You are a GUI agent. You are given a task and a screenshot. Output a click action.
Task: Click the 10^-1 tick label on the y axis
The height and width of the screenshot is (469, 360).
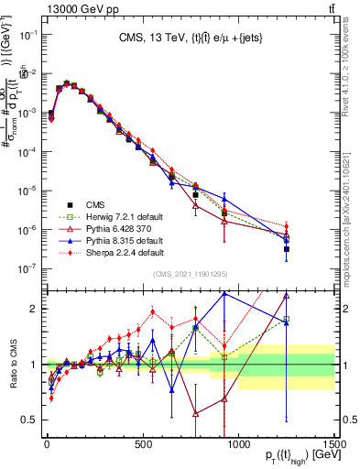[29, 34]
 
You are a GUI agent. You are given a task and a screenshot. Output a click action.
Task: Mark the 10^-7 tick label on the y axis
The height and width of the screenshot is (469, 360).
[29, 268]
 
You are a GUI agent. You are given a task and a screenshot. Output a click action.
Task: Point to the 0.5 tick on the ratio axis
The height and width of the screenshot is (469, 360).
[29, 420]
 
